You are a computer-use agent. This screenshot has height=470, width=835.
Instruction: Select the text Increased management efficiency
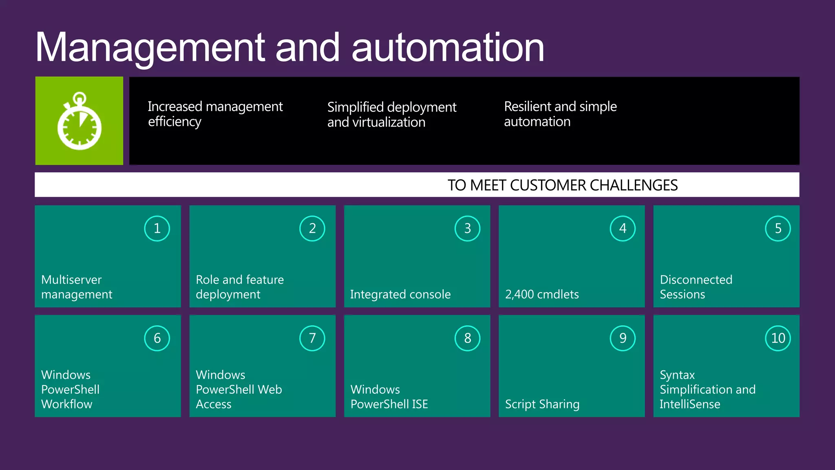point(215,114)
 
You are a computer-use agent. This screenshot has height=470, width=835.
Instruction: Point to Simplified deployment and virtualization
point(391,114)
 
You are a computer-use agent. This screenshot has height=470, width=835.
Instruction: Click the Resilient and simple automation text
point(560,114)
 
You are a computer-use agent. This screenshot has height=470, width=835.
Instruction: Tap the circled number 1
point(157,228)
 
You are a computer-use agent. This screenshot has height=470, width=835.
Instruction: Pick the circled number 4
point(623,228)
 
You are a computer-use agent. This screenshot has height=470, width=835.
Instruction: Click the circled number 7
point(312,338)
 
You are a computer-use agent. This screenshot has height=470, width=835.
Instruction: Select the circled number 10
point(778,338)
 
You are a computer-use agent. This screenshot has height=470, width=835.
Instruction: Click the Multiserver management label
point(76,287)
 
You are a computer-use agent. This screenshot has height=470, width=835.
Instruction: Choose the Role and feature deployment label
point(239,287)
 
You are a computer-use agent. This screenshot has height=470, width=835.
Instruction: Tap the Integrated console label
point(400,294)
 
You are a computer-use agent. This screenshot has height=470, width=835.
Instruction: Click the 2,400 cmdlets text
point(542,294)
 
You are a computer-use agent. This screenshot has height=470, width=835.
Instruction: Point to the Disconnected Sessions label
point(696,287)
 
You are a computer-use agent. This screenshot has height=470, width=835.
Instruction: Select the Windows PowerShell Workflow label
point(70,389)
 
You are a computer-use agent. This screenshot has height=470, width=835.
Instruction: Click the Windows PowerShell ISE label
point(389,397)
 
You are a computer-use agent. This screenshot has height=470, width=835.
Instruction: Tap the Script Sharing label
point(542,404)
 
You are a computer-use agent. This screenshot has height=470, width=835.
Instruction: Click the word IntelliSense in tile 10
point(690,404)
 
